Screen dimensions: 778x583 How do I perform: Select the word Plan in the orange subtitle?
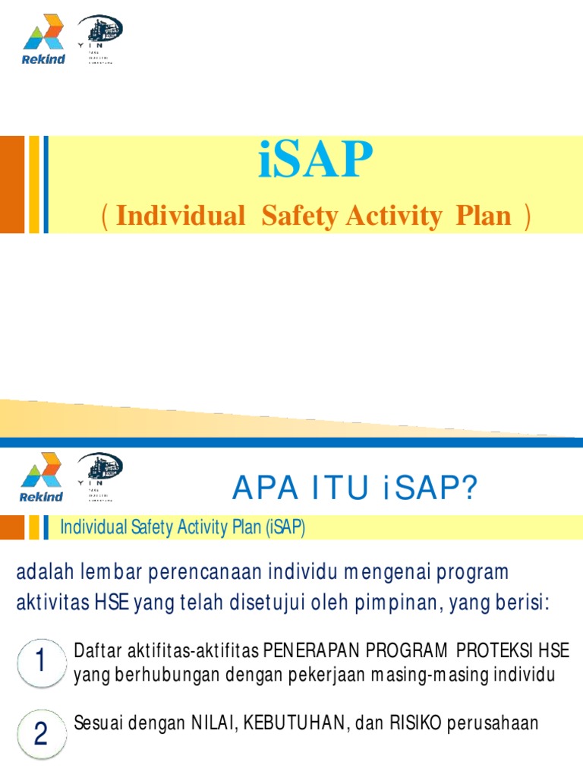coord(484,216)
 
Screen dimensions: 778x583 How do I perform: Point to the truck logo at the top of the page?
coord(99,33)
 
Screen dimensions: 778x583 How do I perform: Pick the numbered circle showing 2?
coord(40,734)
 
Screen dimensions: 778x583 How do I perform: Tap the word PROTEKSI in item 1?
coord(499,651)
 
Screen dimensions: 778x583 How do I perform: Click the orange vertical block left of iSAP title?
coord(11,184)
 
